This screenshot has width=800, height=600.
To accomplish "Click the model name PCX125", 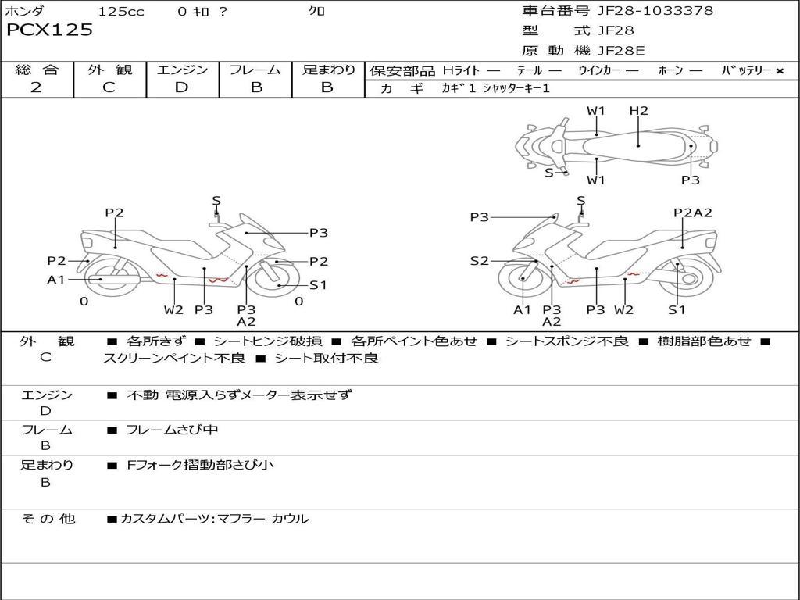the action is pyautogui.click(x=49, y=30).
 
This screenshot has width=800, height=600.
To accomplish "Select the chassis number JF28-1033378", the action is pyautogui.click(x=655, y=11).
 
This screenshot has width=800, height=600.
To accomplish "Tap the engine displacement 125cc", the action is pyautogui.click(x=121, y=12).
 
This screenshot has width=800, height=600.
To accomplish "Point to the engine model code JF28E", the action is pyautogui.click(x=621, y=52).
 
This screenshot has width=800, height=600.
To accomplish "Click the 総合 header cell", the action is pyautogui.click(x=37, y=70).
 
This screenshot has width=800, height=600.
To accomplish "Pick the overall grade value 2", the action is pyautogui.click(x=36, y=87).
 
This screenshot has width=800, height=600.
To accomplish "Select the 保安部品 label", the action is pyautogui.click(x=402, y=70).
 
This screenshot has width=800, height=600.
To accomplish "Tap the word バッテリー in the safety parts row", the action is pyautogui.click(x=746, y=70).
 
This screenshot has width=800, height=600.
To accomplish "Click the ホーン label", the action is pyautogui.click(x=670, y=70).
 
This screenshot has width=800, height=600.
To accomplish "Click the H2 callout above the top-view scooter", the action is pyautogui.click(x=639, y=111).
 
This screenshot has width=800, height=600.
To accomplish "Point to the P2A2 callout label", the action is pyautogui.click(x=693, y=212).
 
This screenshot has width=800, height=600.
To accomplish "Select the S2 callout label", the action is pyautogui.click(x=479, y=261).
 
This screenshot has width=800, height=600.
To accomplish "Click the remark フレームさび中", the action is pyautogui.click(x=172, y=430).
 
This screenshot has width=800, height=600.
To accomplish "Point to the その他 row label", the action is pyautogui.click(x=48, y=518).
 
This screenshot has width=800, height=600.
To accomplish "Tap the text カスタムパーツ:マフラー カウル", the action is pyautogui.click(x=214, y=518).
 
